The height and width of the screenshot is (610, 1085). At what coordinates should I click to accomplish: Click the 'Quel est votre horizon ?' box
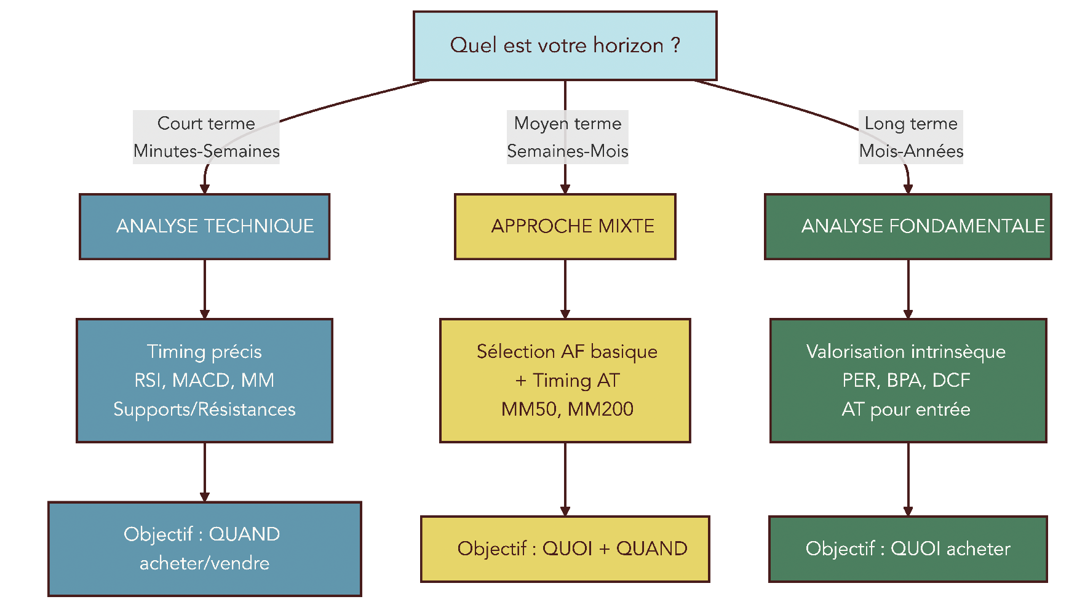coord(565,46)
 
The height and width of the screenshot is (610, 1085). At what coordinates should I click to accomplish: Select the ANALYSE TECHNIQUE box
coord(204,226)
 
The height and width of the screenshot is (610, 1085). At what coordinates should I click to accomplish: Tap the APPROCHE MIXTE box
coord(565,226)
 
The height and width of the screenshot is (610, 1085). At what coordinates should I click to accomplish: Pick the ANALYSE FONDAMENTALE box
coord(908,226)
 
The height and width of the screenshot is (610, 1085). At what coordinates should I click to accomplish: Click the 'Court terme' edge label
coord(206,124)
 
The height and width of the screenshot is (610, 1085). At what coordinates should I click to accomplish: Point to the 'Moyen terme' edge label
coord(568,124)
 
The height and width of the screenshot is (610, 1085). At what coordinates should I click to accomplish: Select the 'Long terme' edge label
coord(911,124)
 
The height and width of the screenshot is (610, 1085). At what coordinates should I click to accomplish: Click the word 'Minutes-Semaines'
coord(206,151)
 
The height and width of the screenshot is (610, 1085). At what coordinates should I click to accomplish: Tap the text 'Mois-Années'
coord(911,151)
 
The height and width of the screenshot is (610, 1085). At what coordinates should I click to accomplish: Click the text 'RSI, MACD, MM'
coord(204,380)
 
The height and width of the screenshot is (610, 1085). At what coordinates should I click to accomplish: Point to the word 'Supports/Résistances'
coord(204,410)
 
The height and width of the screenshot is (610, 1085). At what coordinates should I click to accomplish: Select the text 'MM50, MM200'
coord(567,409)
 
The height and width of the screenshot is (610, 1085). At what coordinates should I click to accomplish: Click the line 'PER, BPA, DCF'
coord(906,380)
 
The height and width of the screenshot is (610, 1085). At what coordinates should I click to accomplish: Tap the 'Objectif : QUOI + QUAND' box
coord(565,549)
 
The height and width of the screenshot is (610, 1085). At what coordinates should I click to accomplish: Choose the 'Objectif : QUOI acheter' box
coord(908,549)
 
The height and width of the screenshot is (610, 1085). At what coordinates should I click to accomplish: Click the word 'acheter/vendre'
coord(204,563)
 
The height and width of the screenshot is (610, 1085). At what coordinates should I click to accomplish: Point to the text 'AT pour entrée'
coord(906,410)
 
